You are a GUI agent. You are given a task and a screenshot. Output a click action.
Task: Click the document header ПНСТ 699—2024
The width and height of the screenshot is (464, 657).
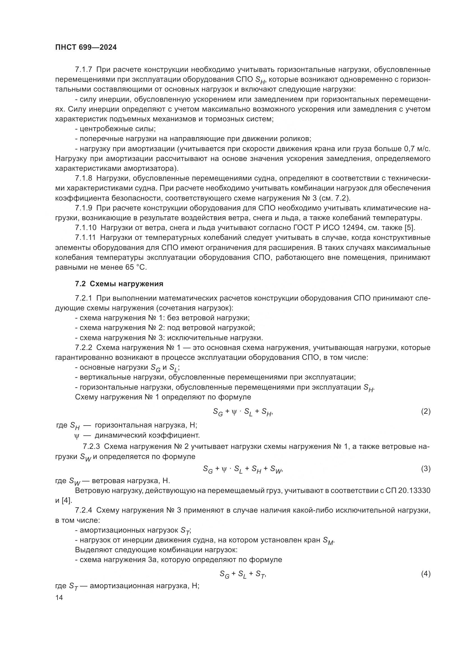pyautogui.click(x=86, y=47)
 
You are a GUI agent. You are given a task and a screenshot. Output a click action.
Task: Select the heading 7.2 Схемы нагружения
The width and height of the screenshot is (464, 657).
pyautogui.click(x=119, y=284)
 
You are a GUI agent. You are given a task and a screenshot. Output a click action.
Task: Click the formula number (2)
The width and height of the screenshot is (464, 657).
pyautogui.click(x=426, y=412)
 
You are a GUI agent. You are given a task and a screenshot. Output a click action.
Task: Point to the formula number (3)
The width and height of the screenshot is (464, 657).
pyautogui.click(x=426, y=469)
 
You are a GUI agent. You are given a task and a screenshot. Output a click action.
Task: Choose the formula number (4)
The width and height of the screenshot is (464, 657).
pyautogui.click(x=426, y=574)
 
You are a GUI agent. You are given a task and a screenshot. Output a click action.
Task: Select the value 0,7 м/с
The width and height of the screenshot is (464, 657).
pyautogui.click(x=417, y=149)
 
